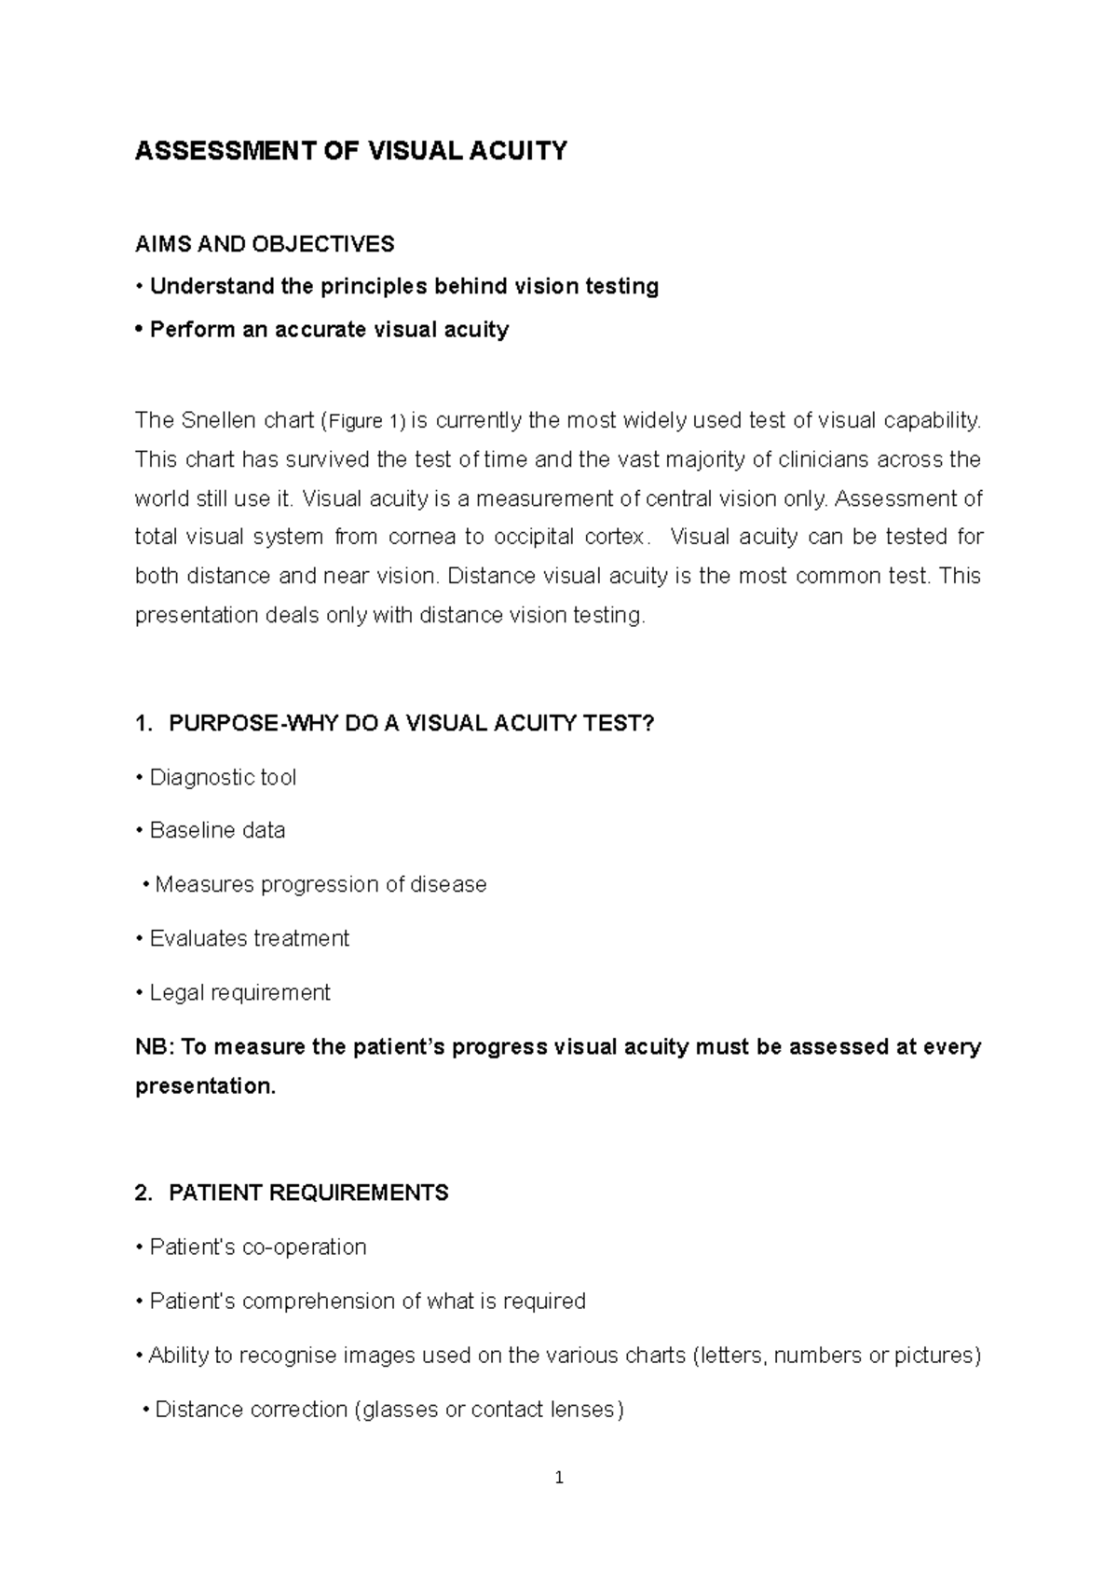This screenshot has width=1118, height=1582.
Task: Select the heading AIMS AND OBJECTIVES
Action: coord(265,244)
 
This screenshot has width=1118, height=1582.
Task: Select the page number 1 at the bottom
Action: coord(559,1478)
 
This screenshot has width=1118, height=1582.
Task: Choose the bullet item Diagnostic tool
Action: coord(223,777)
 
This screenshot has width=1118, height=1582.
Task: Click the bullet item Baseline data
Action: coord(217,830)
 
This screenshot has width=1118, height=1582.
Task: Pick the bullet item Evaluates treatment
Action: coord(249,938)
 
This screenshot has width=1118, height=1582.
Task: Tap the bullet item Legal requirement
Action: coord(239,992)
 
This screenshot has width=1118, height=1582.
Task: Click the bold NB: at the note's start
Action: coord(155,1046)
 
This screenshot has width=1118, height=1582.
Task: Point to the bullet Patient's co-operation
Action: coord(257,1247)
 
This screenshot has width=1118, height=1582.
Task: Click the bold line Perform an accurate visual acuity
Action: coord(328,330)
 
